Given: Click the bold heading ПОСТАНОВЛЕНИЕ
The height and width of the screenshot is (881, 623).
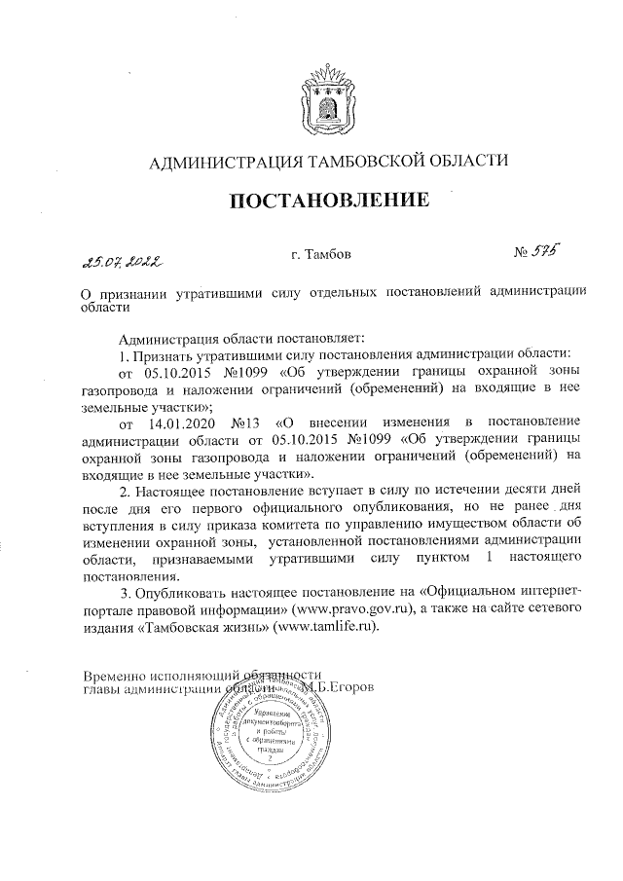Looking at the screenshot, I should (x=328, y=202).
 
